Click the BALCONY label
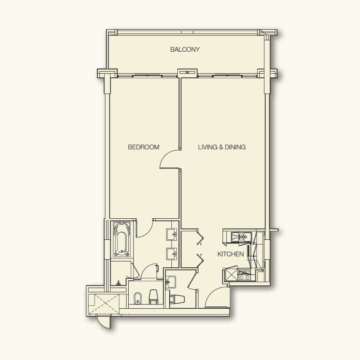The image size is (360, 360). click(x=185, y=49)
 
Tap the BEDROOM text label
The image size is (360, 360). click(x=144, y=147)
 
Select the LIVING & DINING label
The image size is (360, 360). click(x=222, y=147)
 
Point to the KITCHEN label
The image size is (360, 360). click(x=230, y=254)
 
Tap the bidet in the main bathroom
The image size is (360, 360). click(x=138, y=297)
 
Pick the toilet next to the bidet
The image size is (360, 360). click(x=153, y=297)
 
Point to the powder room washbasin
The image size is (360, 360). click(x=171, y=282)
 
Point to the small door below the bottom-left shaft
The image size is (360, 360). click(x=104, y=320)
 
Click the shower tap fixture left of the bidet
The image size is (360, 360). click(x=118, y=283)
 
